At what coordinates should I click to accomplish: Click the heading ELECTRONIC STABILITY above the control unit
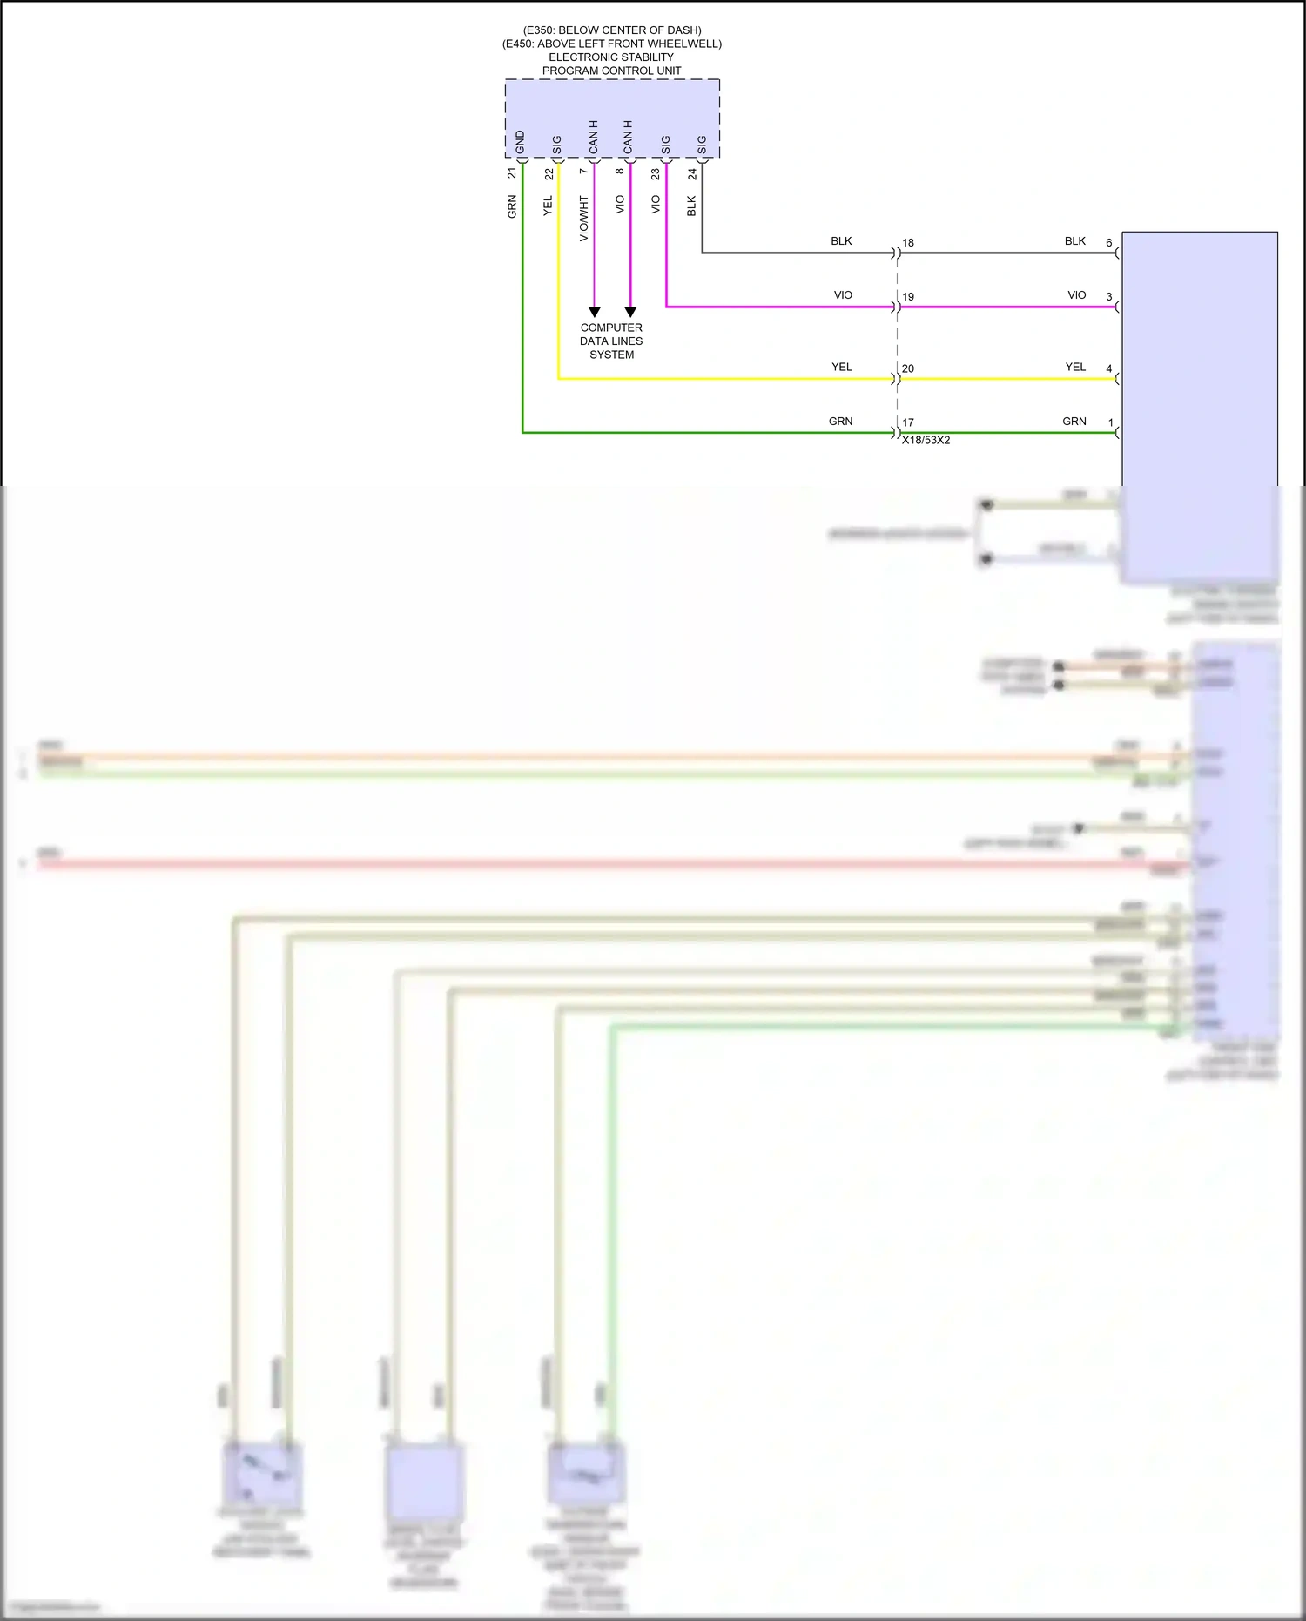[x=611, y=57]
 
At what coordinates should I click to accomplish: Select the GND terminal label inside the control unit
[x=520, y=142]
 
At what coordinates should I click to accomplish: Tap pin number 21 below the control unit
[x=512, y=173]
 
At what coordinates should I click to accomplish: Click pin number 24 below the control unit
[x=692, y=174]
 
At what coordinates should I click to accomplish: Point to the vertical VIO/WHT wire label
[x=584, y=218]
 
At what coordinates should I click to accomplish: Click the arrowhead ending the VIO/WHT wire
[x=595, y=312]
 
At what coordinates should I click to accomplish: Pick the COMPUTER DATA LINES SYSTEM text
[x=611, y=341]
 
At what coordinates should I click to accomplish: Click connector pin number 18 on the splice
[x=908, y=243]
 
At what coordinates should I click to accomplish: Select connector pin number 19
[x=908, y=297]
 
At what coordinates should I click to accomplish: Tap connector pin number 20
[x=908, y=368]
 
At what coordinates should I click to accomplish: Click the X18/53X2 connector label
[x=926, y=440]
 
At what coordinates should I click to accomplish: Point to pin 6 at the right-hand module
[x=1108, y=242]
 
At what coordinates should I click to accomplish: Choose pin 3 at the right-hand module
[x=1108, y=296]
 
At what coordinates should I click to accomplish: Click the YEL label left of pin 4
[x=1075, y=367]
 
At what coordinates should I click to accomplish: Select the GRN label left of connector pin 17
[x=840, y=421]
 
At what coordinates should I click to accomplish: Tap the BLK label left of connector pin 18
[x=841, y=241]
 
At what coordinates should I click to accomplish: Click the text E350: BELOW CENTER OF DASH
[x=612, y=30]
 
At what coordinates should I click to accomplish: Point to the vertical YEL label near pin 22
[x=548, y=206]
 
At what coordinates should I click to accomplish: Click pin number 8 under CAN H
[x=620, y=172]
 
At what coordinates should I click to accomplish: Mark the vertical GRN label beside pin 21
[x=512, y=206]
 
